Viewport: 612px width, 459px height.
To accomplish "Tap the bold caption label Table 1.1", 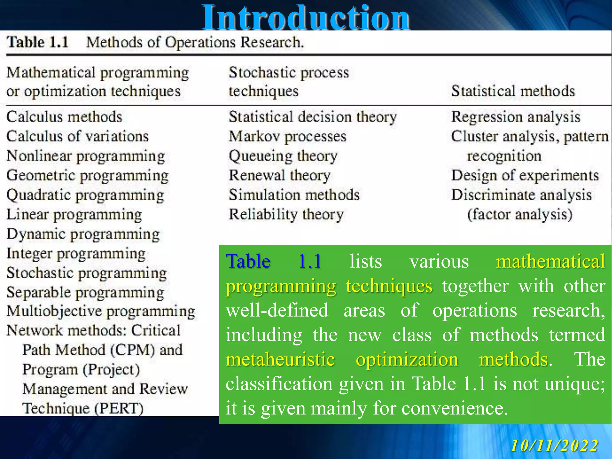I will pos(38,42).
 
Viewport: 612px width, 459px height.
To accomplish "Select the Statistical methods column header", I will pos(513,91).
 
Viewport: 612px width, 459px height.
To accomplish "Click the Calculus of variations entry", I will pos(77,136).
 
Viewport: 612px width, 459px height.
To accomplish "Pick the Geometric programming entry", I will pos(87,175).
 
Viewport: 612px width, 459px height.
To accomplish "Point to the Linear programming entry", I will pos(74,215).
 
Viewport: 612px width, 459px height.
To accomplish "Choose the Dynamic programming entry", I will pos(83,234).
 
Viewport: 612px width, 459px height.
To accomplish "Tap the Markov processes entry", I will pos(287,137).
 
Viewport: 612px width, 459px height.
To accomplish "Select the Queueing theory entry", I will pos(283,156).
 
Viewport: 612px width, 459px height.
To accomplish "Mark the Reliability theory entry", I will pos(286,215).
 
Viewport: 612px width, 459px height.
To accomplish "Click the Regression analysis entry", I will pos(515,117).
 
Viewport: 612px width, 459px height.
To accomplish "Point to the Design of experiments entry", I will pos(525,175).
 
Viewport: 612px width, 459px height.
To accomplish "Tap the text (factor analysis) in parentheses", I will pos(520,215).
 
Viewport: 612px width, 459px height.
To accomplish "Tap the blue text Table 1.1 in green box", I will pos(273,261).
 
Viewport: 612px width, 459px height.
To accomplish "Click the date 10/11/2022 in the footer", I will pos(554,446).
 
